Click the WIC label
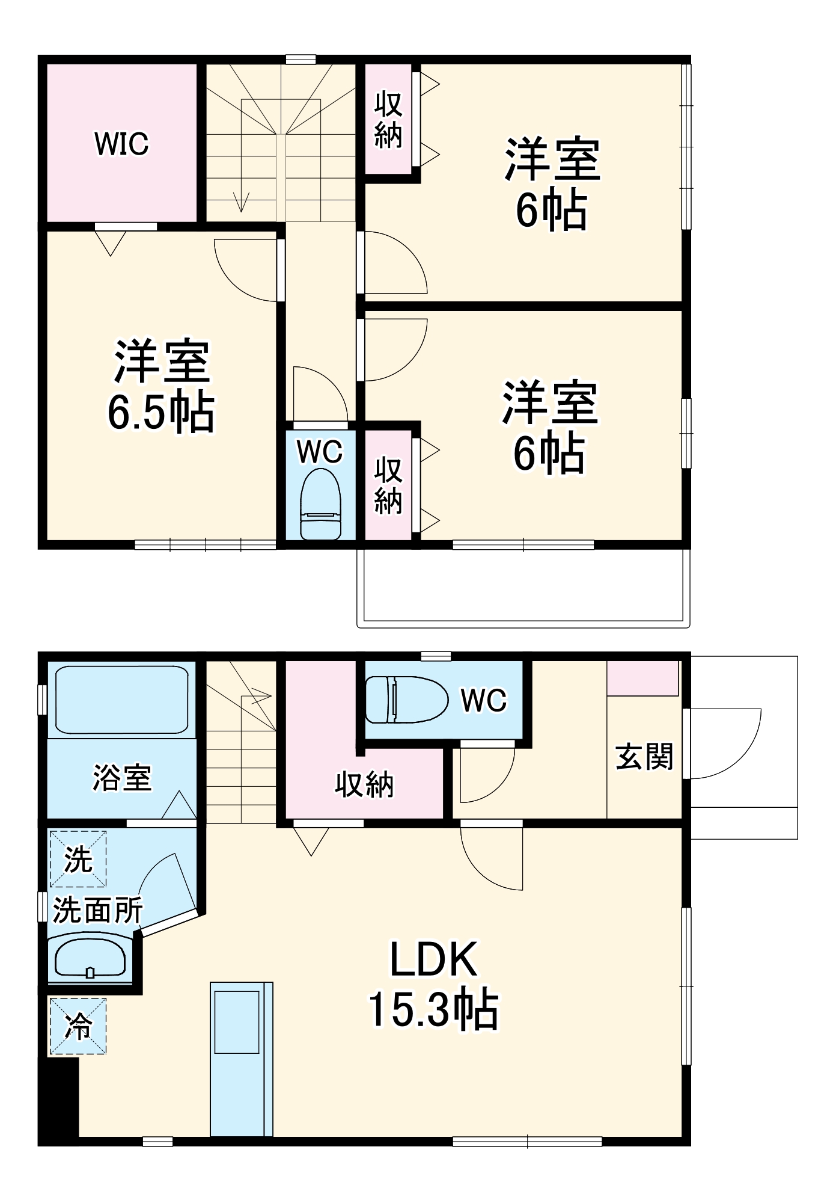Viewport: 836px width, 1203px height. pyautogui.click(x=121, y=144)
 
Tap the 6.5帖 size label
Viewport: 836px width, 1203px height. pyautogui.click(x=161, y=413)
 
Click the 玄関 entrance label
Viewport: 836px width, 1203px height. pyautogui.click(x=644, y=757)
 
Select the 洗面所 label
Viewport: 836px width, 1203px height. pyautogui.click(x=97, y=910)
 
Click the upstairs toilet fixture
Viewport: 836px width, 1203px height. pyautogui.click(x=320, y=504)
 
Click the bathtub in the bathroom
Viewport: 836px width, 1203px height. pyautogui.click(x=121, y=699)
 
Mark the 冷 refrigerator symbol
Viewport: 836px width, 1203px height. pyautogui.click(x=78, y=1027)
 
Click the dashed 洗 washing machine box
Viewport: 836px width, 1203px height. pyautogui.click(x=78, y=859)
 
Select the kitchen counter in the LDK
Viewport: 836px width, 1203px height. pyautogui.click(x=241, y=1059)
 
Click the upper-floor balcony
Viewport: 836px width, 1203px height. pyautogui.click(x=523, y=586)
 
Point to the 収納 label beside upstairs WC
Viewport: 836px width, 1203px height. pyautogui.click(x=388, y=485)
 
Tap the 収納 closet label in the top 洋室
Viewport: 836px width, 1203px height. pyautogui.click(x=388, y=120)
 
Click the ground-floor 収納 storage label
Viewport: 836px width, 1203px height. pyautogui.click(x=364, y=784)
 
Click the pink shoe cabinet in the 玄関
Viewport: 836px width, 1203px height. pyautogui.click(x=643, y=678)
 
